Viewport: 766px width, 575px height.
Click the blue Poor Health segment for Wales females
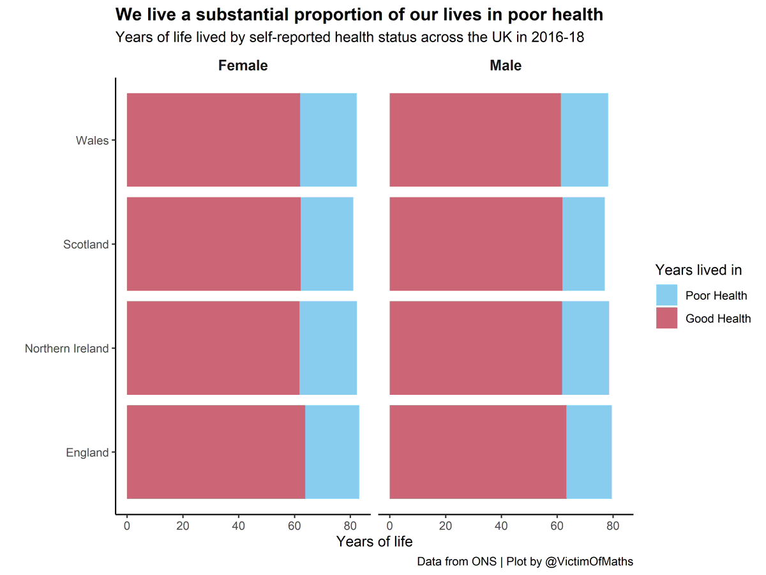tap(328, 140)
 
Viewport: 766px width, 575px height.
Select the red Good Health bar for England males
tap(477, 452)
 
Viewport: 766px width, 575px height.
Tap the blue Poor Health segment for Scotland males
tap(583, 244)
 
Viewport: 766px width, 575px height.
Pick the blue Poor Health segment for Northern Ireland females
tap(328, 348)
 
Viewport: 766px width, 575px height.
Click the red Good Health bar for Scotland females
tap(214, 244)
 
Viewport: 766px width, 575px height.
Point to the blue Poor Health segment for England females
tap(332, 452)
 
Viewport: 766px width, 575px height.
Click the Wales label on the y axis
tap(92, 141)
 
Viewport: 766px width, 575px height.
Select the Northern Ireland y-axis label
tap(66, 349)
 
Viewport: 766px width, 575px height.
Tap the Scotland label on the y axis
tap(86, 245)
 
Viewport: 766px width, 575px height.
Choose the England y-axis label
tap(87, 453)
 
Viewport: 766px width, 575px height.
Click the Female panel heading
tap(243, 66)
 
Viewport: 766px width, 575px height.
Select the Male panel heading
tap(506, 66)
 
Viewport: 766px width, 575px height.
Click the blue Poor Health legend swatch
tap(666, 295)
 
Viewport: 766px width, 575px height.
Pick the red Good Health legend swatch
tap(666, 318)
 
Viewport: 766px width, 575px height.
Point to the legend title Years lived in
tap(698, 270)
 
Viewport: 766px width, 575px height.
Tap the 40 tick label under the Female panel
tap(238, 527)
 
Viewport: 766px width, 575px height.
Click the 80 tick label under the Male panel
tap(613, 527)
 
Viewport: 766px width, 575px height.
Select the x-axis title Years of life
tap(374, 542)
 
